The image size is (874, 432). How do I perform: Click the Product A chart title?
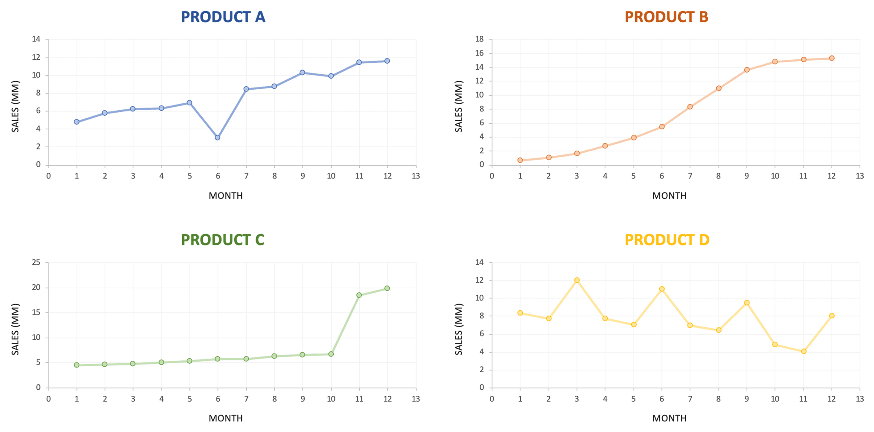(223, 17)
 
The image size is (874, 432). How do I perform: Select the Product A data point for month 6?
(218, 137)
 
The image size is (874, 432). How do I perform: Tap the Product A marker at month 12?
(387, 61)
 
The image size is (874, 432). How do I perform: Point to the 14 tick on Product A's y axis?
(36, 39)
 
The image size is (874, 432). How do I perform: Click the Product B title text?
(666, 17)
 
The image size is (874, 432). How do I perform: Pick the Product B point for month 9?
(747, 70)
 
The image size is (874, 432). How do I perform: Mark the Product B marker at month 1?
(520, 160)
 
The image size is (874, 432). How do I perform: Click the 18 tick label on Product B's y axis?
(480, 39)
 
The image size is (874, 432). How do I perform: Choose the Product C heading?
(222, 240)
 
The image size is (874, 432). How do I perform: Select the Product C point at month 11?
(359, 295)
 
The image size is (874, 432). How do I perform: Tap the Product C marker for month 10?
(331, 354)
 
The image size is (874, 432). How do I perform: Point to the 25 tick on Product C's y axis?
(36, 263)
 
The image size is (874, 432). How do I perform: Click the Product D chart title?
(667, 240)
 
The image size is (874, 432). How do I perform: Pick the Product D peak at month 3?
(577, 280)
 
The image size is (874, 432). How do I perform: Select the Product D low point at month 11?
(804, 351)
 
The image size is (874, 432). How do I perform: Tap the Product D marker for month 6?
(662, 289)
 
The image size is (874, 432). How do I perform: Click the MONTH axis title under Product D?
(669, 418)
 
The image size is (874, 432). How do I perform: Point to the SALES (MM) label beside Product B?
(459, 106)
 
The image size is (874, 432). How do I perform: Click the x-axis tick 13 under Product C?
(416, 399)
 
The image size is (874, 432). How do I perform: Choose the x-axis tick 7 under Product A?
(246, 176)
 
